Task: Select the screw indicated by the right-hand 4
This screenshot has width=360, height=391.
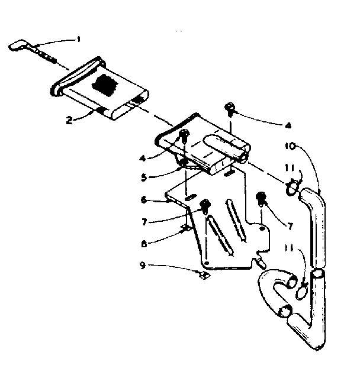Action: pyautogui.click(x=229, y=108)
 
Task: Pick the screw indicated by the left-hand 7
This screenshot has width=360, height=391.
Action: pyautogui.click(x=205, y=205)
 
